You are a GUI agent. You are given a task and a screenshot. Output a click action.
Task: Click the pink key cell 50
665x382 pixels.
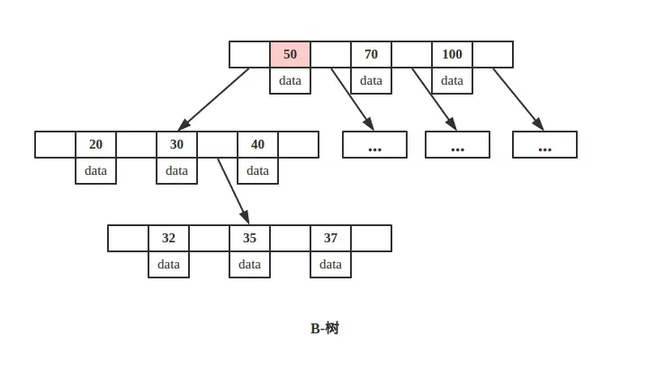(290, 54)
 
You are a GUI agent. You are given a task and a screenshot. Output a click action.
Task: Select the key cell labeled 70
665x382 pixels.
(371, 54)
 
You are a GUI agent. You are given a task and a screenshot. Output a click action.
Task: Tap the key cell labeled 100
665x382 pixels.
(452, 54)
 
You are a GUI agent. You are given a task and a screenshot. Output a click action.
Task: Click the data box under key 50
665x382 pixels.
(290, 80)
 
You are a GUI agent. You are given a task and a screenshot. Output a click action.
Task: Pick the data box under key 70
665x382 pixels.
(371, 80)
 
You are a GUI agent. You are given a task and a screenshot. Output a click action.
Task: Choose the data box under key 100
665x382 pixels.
(452, 80)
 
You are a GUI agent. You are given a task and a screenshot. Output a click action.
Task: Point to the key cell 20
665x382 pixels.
(95, 144)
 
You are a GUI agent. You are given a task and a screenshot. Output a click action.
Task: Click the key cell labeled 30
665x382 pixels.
(176, 144)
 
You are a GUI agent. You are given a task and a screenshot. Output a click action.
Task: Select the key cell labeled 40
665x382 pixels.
(257, 144)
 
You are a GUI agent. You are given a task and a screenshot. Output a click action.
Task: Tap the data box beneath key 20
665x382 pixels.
(95, 170)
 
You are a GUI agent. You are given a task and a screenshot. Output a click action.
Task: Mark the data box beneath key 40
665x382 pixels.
(257, 170)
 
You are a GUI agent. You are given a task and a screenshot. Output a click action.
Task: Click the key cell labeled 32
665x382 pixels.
(168, 238)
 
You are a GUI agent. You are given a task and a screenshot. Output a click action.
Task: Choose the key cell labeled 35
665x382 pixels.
(249, 238)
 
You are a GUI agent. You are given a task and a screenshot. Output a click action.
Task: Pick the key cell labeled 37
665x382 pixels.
(330, 238)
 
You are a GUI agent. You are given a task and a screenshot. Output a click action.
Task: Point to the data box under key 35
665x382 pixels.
(249, 264)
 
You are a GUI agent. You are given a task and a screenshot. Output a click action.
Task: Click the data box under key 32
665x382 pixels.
(168, 264)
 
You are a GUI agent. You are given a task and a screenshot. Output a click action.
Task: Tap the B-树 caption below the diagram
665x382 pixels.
(325, 329)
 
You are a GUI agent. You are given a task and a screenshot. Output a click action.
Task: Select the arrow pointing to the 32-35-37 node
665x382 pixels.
(233, 191)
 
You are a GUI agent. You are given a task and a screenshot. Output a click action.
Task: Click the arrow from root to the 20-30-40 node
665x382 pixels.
(213, 99)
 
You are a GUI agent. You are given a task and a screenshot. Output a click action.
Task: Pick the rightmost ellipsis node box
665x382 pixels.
(544, 144)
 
